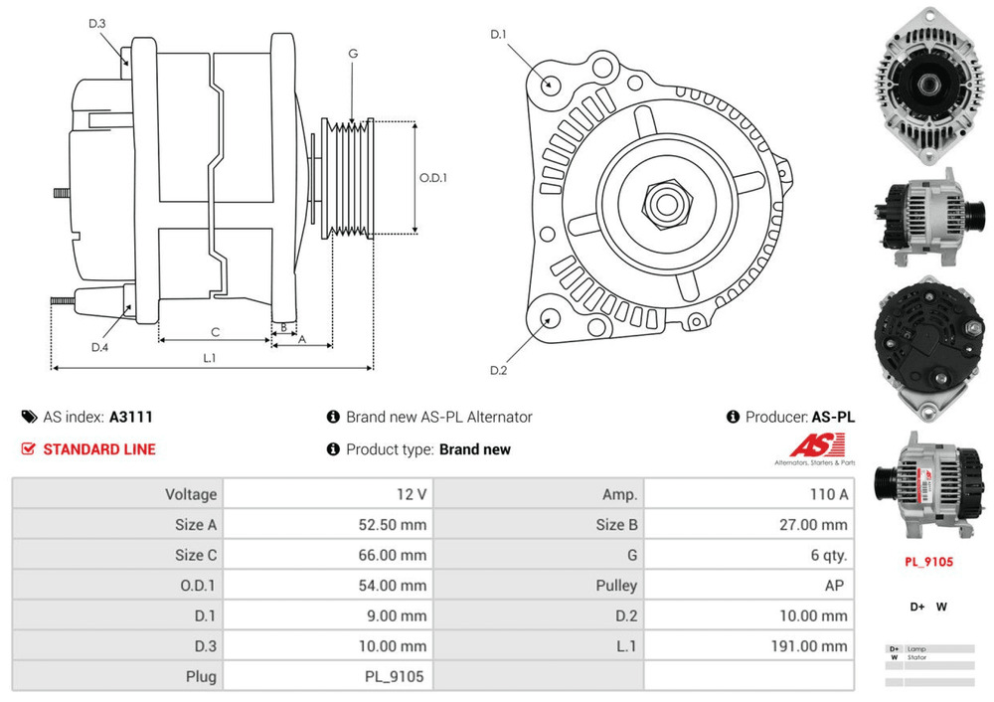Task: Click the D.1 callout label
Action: tap(499, 35)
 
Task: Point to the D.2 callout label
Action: tap(499, 371)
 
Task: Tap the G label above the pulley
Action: tap(353, 54)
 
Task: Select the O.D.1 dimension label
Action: tap(432, 178)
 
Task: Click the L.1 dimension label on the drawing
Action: tap(210, 358)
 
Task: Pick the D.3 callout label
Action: tap(97, 23)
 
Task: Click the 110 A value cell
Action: tap(829, 494)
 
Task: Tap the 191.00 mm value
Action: tap(809, 646)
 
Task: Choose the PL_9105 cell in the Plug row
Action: tap(395, 677)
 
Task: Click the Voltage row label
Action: tap(190, 494)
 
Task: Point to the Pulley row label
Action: tap(615, 586)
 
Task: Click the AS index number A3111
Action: tap(130, 418)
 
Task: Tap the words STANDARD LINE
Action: tap(99, 449)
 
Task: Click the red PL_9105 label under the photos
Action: tap(928, 562)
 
